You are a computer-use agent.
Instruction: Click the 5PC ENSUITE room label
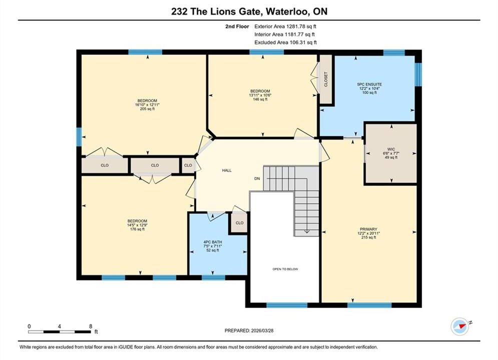tap(369, 84)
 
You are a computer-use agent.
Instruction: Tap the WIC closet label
tap(391, 149)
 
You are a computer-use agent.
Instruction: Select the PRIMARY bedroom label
tap(368, 229)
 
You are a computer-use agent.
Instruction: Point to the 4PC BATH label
tap(213, 242)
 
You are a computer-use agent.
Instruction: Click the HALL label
tap(227, 170)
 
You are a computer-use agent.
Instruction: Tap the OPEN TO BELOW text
tap(285, 269)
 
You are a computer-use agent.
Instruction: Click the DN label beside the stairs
tap(257, 178)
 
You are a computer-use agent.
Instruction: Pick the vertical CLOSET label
tap(326, 79)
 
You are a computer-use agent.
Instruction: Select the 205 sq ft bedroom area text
tap(147, 109)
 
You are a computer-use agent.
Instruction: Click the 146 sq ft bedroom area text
tap(260, 99)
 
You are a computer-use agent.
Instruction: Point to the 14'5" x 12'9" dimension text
tap(137, 225)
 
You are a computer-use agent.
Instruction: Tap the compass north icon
tap(460, 326)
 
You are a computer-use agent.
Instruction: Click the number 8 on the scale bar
tap(91, 326)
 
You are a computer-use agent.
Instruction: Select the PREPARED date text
tap(249, 330)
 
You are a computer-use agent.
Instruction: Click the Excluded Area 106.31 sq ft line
tap(285, 42)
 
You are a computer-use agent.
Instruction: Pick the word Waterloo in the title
tap(287, 11)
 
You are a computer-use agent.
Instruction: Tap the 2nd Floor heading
tap(237, 26)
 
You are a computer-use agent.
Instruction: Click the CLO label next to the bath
tap(239, 223)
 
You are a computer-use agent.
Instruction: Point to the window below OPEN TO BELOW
tap(287, 305)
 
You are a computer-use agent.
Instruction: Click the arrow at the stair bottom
tap(307, 231)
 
